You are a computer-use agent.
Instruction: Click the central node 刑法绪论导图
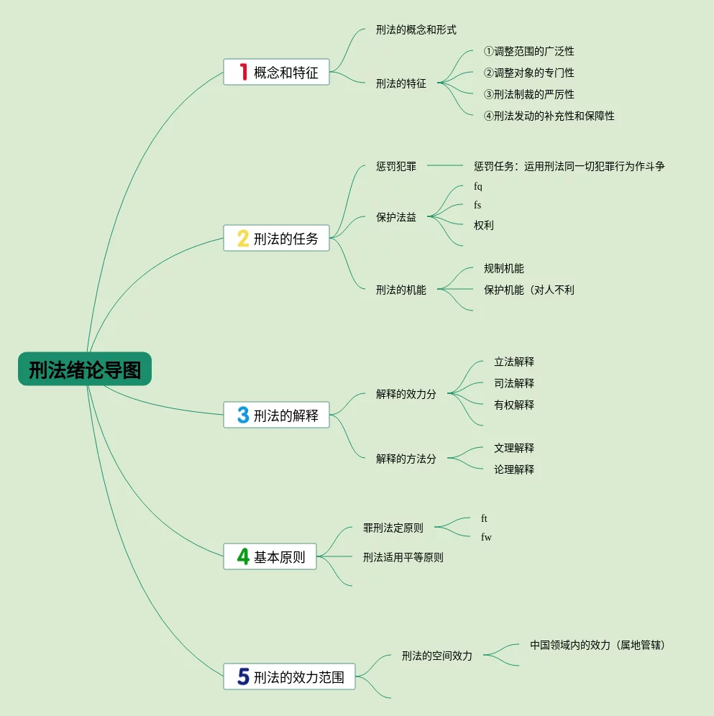[85, 370]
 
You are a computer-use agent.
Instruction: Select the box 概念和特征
[276, 72]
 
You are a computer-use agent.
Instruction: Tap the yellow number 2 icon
[243, 238]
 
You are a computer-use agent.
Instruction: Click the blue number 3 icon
[243, 415]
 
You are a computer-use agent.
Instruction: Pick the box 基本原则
[270, 556]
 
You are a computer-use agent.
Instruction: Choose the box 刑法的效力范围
[289, 676]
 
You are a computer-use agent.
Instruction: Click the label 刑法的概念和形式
[416, 30]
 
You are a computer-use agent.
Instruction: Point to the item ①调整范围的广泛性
[528, 52]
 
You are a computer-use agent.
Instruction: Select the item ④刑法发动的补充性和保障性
[549, 116]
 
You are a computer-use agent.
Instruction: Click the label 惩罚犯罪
[395, 167]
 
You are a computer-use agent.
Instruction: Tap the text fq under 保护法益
[478, 187]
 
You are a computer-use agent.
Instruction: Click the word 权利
[483, 226]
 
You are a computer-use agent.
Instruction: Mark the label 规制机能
[503, 269]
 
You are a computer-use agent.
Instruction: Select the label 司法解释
[513, 384]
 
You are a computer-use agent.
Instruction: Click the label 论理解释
[513, 470]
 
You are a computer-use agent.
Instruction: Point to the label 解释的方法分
[406, 459]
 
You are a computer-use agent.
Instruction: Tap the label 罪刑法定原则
[393, 528]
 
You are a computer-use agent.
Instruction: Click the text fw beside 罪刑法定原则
[486, 538]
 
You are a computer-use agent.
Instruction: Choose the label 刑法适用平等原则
[403, 558]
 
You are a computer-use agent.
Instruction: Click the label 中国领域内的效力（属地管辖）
[598, 646]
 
